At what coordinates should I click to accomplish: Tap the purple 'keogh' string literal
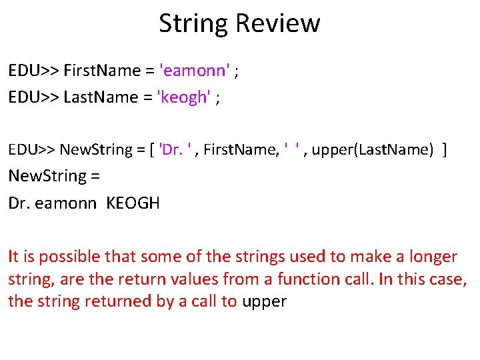coord(183,98)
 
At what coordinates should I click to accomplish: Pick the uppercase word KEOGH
coord(133,203)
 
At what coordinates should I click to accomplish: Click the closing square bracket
coord(445,149)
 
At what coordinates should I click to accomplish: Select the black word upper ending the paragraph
coord(264,301)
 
